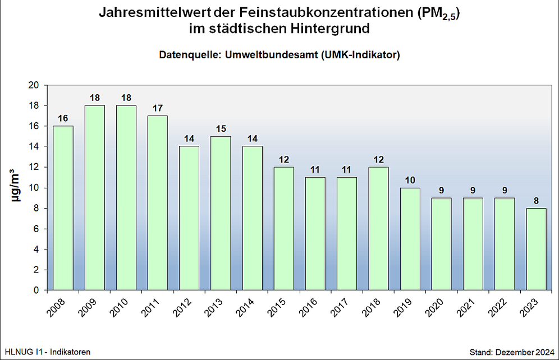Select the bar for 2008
coord(63,207)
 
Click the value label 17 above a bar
coord(158,108)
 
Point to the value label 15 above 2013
coord(221,128)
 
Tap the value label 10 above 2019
coord(411,180)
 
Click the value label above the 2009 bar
coord(95,98)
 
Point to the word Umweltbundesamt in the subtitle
coord(269,55)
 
